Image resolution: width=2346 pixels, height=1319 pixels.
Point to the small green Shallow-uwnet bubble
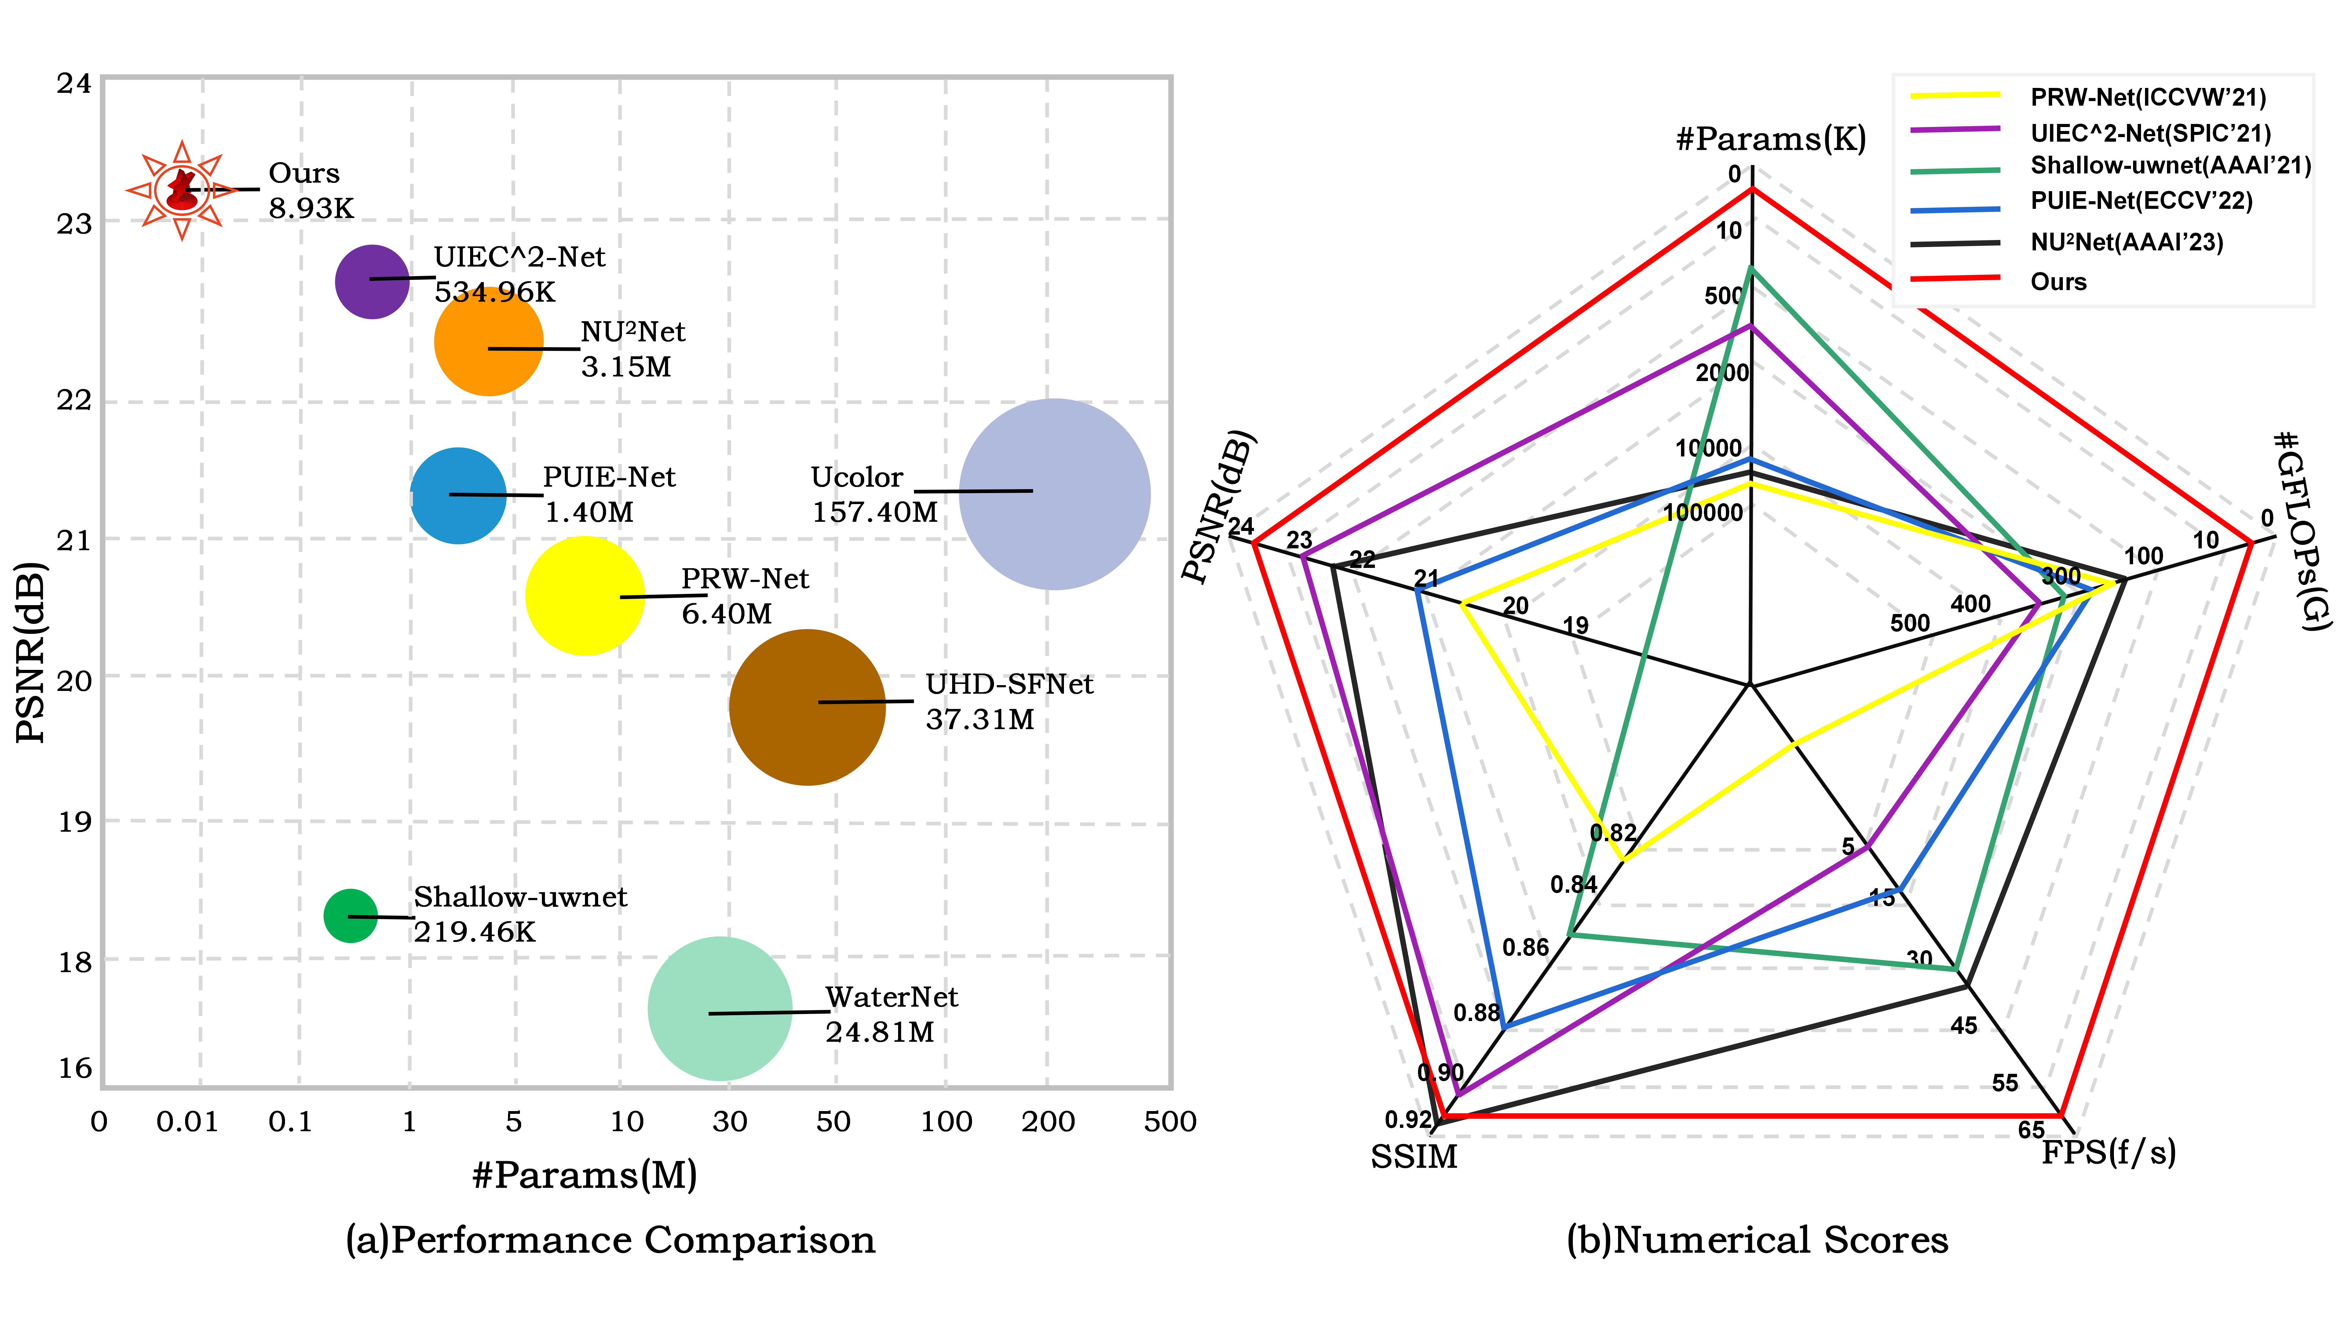click(x=350, y=915)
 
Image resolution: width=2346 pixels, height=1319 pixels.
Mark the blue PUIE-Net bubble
click(x=458, y=495)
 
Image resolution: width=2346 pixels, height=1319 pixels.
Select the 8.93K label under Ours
click(x=311, y=209)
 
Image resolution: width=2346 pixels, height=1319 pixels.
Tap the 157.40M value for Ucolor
click(x=874, y=513)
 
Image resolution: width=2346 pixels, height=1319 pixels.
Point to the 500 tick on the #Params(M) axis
click(x=1169, y=1121)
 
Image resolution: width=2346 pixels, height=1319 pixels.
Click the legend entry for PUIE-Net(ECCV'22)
click(x=2140, y=201)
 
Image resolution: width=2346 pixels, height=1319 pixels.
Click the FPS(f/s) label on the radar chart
click(x=2108, y=1152)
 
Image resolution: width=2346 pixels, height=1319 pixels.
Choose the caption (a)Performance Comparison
click(x=610, y=1240)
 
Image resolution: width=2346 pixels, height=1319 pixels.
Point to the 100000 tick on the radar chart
click(x=1703, y=513)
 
